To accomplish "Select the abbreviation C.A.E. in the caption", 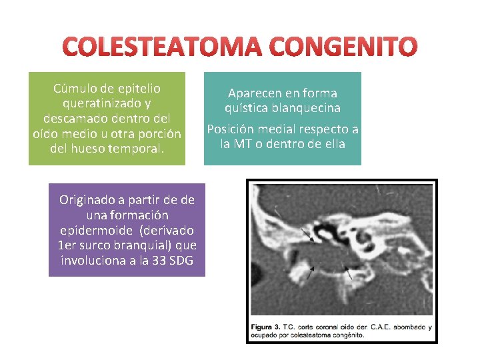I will click(x=373, y=327).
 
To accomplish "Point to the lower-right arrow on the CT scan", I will click(x=347, y=271).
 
